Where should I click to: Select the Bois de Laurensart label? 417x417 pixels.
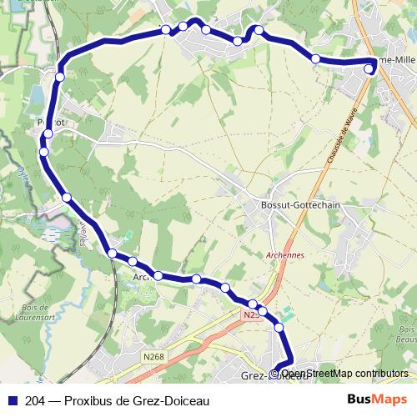coord(32,311)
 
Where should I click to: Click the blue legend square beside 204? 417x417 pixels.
coord(11,399)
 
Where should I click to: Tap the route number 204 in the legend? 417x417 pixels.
coord(36,399)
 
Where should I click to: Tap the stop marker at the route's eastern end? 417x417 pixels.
coord(370,69)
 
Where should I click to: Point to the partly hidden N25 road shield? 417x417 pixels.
coord(252,315)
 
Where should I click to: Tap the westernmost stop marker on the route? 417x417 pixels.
coord(43,151)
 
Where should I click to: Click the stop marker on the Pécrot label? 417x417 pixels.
coord(49,133)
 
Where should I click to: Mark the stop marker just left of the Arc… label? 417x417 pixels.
coord(132,264)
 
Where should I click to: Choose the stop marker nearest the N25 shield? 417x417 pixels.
coord(264,311)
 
